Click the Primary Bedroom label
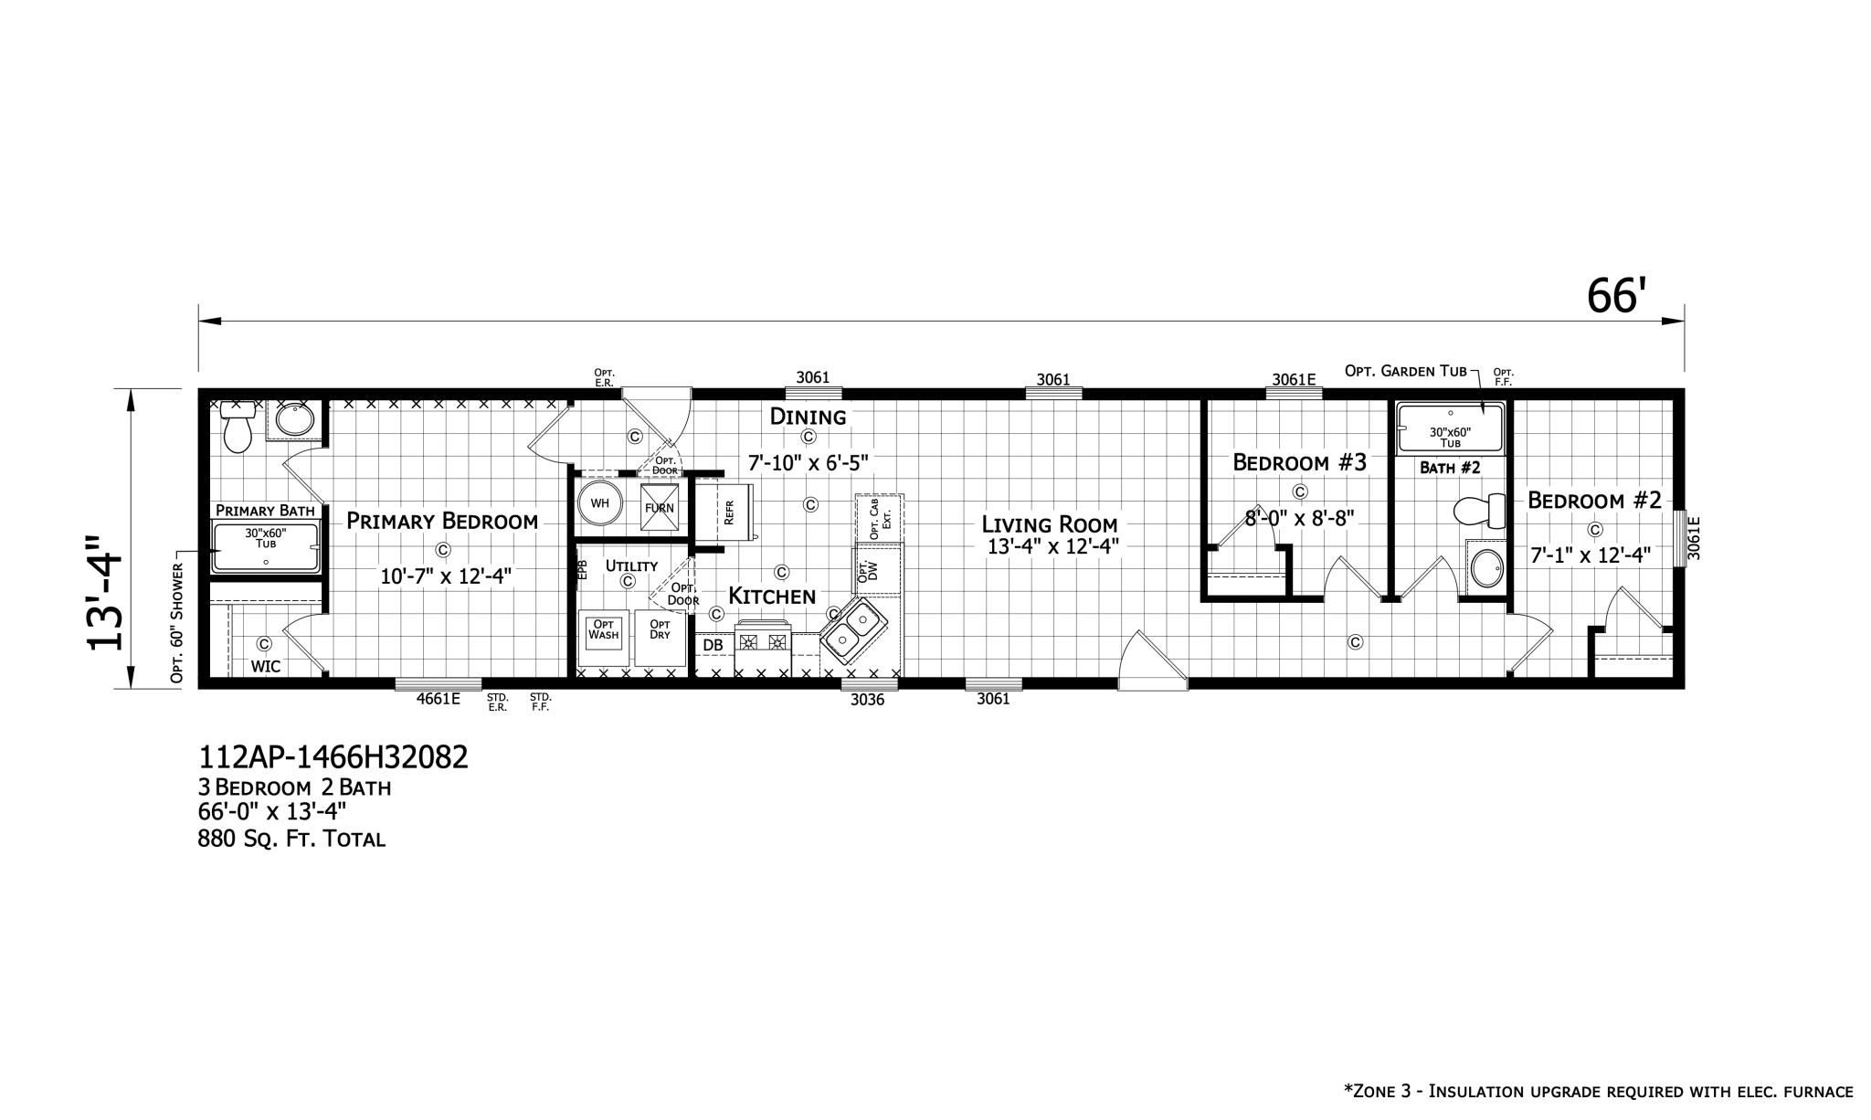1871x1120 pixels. [x=442, y=522]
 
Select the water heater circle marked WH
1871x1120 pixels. [x=600, y=503]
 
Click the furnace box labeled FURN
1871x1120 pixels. [x=660, y=507]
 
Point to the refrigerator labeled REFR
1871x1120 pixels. [x=724, y=511]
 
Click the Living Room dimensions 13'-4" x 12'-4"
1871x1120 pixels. [x=1052, y=547]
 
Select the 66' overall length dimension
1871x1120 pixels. [x=1616, y=296]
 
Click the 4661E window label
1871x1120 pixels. [x=438, y=699]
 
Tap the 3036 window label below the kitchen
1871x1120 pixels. [x=867, y=700]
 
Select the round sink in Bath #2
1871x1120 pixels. [x=1486, y=568]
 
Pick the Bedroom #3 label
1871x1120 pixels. [x=1299, y=462]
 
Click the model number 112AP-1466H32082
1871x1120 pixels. [x=333, y=756]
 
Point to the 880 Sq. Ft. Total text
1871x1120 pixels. [x=291, y=838]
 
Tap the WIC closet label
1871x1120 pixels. [x=266, y=667]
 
